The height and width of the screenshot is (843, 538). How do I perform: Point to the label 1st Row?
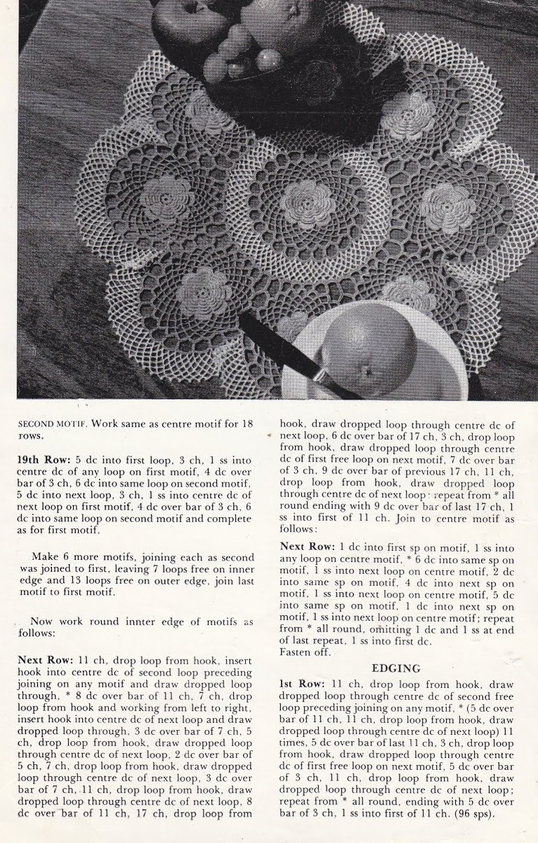pos(302,684)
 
